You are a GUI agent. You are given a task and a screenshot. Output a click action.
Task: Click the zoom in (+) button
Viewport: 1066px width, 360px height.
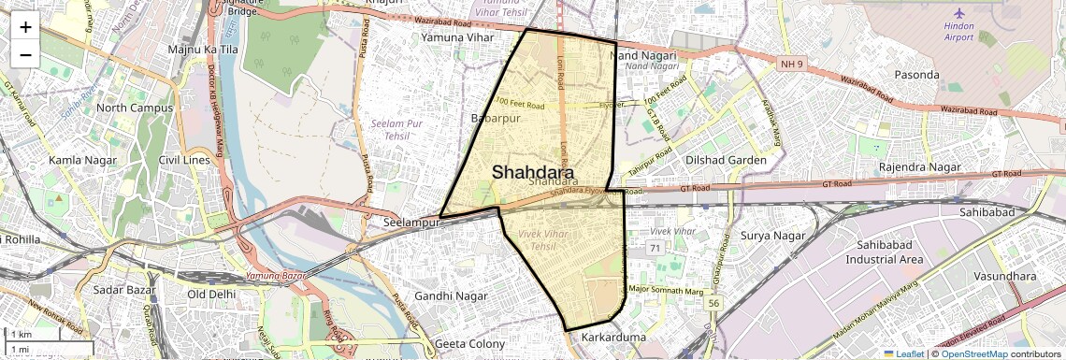(25, 27)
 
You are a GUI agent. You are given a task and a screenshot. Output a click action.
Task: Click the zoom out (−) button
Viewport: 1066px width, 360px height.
(25, 54)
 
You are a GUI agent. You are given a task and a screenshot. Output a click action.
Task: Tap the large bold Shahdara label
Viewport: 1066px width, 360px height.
(533, 172)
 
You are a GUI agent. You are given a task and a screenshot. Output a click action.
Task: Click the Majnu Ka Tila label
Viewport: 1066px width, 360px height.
(203, 49)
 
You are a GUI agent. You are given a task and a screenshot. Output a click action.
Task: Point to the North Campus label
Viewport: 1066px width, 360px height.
(135, 108)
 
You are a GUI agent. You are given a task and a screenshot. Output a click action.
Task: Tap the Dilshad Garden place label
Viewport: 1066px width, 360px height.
(726, 160)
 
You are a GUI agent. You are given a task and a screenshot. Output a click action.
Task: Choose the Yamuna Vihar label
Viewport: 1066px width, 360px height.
(456, 37)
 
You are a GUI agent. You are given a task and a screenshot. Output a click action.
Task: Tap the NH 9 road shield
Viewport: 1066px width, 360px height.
(789, 63)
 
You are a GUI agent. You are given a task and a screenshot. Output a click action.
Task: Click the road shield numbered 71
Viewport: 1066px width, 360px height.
(654, 248)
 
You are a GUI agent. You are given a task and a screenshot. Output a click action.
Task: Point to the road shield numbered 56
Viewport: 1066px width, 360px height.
(714, 303)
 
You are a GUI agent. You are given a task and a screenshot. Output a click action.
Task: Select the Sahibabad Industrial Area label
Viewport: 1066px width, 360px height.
(885, 252)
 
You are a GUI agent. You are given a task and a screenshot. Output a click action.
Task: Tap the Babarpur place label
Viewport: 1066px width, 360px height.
(495, 119)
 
